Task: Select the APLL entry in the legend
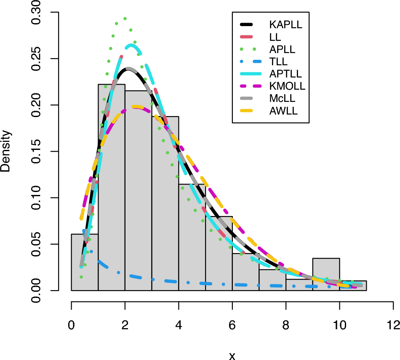282,49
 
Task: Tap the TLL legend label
278,61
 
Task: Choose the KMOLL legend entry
287,86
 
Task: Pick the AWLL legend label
283,111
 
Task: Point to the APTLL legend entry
285,74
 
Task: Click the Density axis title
6,152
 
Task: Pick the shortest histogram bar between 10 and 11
353,286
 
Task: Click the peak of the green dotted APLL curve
125,19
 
